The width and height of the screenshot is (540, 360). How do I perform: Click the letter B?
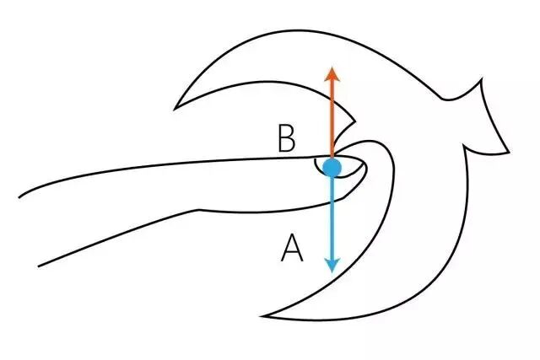[288, 139]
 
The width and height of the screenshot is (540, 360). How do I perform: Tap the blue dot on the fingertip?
[332, 167]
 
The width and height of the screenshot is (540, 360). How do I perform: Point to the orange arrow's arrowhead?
[332, 73]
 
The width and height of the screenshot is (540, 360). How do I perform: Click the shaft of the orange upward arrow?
[332, 118]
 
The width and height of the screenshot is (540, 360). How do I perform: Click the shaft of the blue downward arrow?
[332, 219]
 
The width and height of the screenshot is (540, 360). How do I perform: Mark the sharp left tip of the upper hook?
[175, 108]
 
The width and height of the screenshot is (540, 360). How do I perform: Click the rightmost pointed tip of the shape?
[510, 152]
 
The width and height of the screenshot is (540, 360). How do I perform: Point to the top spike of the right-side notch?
[482, 81]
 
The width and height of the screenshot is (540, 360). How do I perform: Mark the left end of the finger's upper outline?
[19, 196]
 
